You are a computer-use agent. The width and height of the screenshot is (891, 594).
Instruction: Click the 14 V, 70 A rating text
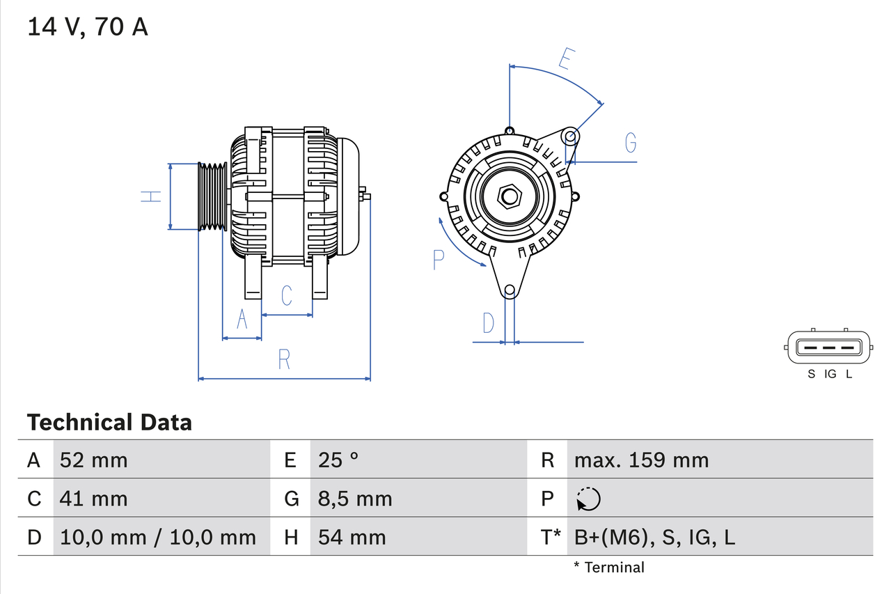(88, 27)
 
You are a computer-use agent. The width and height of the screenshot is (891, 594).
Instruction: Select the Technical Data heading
(109, 422)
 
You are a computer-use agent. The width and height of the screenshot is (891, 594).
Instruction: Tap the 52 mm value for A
(94, 460)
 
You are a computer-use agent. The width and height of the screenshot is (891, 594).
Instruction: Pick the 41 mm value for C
(94, 499)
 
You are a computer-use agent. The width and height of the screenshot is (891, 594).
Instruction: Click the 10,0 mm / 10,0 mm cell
(158, 537)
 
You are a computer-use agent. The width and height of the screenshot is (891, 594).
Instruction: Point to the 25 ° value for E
(338, 460)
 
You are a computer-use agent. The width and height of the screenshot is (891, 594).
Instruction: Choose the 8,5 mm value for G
(355, 499)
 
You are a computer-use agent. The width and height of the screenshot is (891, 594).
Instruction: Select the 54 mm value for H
(352, 537)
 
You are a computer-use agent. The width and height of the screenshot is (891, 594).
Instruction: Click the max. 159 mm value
(641, 460)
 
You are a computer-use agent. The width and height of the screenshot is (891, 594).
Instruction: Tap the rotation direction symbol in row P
(588, 499)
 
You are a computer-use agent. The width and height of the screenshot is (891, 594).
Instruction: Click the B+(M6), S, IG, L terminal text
(654, 537)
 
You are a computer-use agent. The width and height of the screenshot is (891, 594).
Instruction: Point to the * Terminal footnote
(609, 568)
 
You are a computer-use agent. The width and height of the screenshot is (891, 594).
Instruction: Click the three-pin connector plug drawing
(828, 347)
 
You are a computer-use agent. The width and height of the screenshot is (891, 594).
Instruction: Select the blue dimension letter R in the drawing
(284, 359)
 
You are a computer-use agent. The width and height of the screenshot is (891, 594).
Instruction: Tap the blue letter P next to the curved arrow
(438, 260)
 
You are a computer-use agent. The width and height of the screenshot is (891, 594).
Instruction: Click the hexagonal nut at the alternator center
(510, 196)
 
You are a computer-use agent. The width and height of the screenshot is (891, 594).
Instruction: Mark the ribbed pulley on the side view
(213, 197)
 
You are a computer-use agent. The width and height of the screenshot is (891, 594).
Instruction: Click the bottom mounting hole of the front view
(510, 290)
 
